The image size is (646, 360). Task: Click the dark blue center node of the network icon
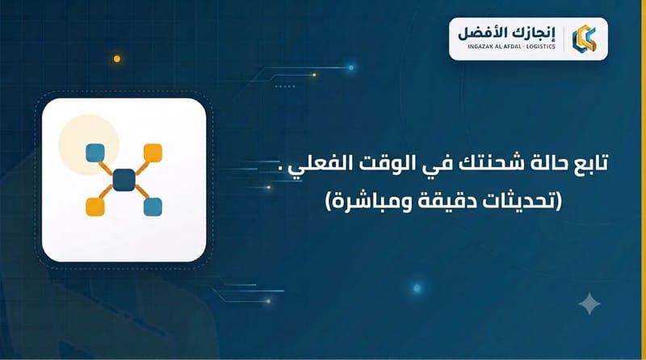(124, 180)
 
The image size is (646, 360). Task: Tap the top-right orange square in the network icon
(153, 153)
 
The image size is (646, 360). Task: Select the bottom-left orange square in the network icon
(95, 207)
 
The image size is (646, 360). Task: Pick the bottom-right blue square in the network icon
(153, 207)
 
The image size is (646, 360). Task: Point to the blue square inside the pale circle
(95, 153)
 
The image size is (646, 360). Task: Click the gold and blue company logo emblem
(584, 38)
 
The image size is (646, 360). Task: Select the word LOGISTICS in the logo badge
(541, 47)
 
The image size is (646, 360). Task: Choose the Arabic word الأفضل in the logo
(484, 32)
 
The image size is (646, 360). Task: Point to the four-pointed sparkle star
(589, 303)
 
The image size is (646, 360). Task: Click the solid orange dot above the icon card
(117, 59)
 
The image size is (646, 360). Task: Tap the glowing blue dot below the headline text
(417, 288)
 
